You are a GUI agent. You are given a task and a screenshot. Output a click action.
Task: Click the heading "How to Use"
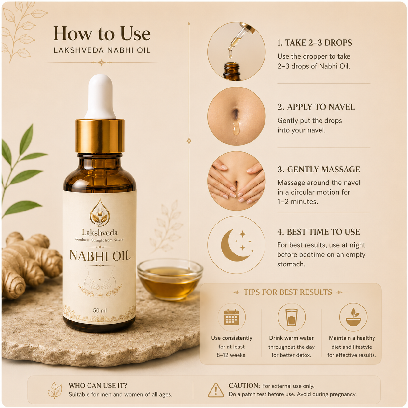point(102,34)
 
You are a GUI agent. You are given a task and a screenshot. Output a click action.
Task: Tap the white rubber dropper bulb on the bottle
point(100,96)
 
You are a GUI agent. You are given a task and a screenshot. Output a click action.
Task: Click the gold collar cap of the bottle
point(100,136)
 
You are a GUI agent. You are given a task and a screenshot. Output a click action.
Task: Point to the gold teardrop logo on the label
point(100,213)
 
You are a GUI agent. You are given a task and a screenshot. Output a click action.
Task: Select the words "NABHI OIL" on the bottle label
point(100,255)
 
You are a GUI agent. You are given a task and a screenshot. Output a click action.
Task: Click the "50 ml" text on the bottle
point(100,310)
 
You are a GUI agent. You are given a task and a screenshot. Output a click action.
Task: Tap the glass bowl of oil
point(170,279)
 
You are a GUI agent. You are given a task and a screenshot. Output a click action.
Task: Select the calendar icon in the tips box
point(232,317)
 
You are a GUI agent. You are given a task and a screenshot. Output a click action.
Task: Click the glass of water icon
point(291,317)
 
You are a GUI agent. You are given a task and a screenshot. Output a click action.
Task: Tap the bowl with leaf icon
point(353,317)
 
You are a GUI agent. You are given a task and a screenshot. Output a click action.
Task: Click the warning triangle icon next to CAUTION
point(216,390)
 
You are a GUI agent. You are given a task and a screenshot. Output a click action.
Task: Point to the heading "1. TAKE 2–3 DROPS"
point(315,43)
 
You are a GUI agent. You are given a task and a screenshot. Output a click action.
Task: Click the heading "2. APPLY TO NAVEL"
point(316,107)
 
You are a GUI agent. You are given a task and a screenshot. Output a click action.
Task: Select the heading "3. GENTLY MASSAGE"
point(319,170)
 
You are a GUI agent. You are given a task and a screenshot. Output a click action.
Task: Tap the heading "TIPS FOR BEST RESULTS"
point(288,292)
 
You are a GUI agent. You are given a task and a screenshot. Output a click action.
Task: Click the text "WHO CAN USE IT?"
point(98,385)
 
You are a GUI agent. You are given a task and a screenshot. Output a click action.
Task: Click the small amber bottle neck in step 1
point(232,71)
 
